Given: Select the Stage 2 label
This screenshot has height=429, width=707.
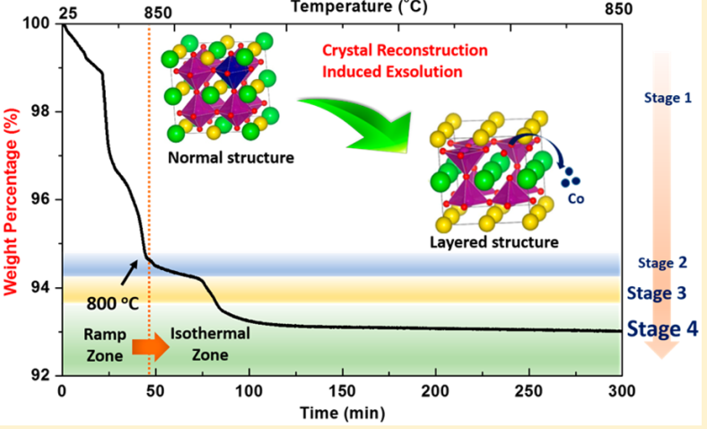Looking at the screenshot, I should [x=661, y=263].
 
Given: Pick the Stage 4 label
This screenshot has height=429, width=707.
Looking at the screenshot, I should [x=660, y=328].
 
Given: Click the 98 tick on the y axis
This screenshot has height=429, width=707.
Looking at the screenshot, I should [x=41, y=112].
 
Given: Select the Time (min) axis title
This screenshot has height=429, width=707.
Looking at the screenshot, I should [x=341, y=413].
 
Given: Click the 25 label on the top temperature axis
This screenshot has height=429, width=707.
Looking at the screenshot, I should [x=65, y=10].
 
